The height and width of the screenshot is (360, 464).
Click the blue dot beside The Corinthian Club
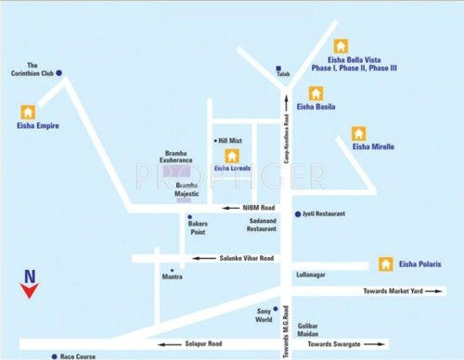58,72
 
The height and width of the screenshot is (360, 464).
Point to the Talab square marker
278,68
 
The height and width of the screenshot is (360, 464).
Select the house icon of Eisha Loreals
232,155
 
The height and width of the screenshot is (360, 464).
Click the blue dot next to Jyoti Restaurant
297,213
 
